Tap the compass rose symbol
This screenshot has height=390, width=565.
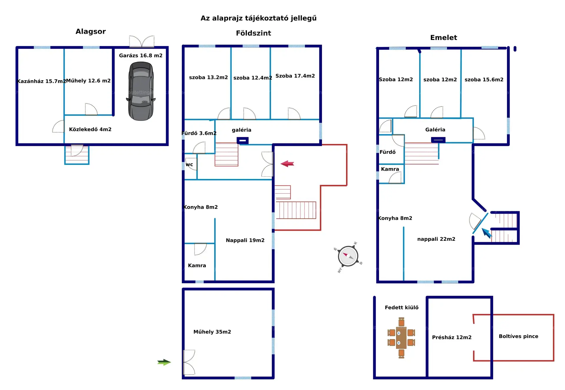tap(348, 256)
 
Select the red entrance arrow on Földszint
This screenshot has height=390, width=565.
tap(287, 164)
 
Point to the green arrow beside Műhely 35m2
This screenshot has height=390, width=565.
tap(164, 362)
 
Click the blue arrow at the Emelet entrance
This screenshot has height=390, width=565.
tap(486, 233)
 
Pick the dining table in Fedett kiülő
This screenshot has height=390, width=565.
tap(401, 338)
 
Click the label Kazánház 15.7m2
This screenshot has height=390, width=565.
tap(41, 81)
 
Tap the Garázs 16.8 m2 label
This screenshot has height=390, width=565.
tap(141, 56)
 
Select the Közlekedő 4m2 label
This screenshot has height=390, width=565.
tap(90, 129)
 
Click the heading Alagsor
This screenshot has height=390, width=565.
tap(91, 31)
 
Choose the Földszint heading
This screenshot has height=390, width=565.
tap(253, 33)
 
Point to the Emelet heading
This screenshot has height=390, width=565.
tap(443, 38)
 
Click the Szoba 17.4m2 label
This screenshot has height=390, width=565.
tap(295, 76)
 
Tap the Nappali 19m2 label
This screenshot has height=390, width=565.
tap(245, 240)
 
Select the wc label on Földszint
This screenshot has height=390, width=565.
tap(189, 165)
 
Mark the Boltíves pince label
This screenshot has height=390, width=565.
tap(518, 336)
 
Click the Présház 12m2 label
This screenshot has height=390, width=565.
tap(451, 337)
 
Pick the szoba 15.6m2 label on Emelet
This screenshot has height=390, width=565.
tap(484, 80)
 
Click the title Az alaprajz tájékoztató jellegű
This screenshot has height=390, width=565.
tap(258, 18)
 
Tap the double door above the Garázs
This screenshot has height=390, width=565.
tap(142, 41)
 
